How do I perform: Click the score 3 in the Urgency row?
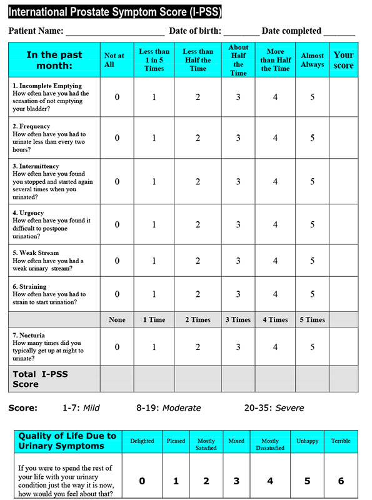[x=238, y=224]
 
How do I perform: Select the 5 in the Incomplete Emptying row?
[x=313, y=97]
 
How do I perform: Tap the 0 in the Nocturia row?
[x=117, y=347]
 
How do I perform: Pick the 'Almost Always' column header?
[x=313, y=60]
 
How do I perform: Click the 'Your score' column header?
[x=344, y=60]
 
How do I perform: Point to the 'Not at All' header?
[x=114, y=60]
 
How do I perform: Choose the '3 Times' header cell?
[x=238, y=319]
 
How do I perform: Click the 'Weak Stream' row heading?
[x=39, y=253]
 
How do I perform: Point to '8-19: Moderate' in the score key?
[x=169, y=408]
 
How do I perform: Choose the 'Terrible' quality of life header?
[x=341, y=441]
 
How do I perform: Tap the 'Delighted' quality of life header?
[x=142, y=441]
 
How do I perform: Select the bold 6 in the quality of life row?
[x=341, y=481]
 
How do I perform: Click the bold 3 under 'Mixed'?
[x=236, y=481]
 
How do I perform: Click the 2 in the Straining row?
[x=198, y=294]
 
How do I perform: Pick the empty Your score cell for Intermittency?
[x=344, y=182]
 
